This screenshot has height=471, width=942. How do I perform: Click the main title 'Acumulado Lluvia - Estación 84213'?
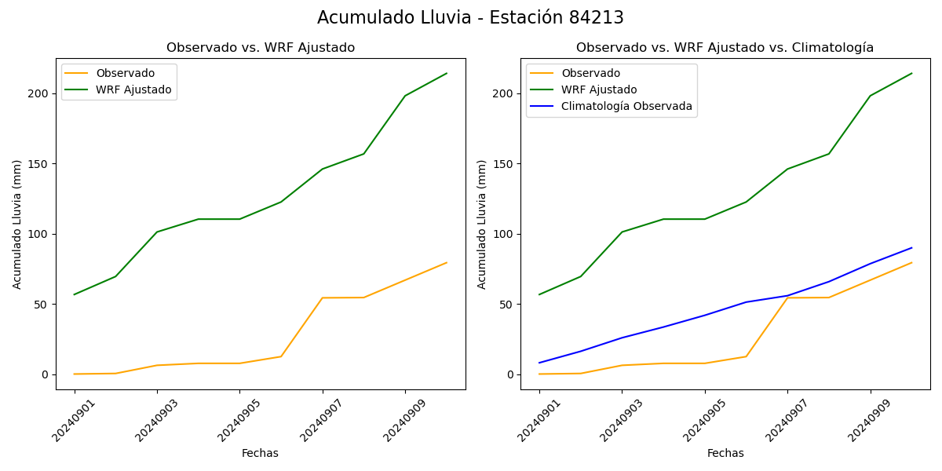[x=470, y=18]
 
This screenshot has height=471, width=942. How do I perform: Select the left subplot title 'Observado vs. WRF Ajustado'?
[x=261, y=48]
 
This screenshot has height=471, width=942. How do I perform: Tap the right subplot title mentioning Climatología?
[x=725, y=48]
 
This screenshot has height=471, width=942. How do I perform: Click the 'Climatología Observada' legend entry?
[x=626, y=107]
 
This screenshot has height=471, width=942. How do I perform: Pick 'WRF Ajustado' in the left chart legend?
[x=133, y=89]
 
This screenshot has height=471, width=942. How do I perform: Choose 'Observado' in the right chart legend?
[x=590, y=73]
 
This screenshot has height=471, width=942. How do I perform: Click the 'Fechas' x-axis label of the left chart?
[x=260, y=453]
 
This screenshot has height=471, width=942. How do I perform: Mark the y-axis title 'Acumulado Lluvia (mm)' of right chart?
[x=482, y=224]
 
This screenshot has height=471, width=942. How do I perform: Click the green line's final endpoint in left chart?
[x=447, y=74]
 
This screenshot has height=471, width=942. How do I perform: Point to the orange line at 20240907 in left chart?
[x=323, y=298]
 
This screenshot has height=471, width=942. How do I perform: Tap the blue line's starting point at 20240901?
[x=539, y=363]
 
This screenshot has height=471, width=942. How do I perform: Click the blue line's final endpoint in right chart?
[x=912, y=247]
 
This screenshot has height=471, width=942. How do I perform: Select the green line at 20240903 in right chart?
[x=622, y=232]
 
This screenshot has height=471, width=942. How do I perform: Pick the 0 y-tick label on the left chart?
[x=45, y=374]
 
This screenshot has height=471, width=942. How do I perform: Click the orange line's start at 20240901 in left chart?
[x=75, y=374]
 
